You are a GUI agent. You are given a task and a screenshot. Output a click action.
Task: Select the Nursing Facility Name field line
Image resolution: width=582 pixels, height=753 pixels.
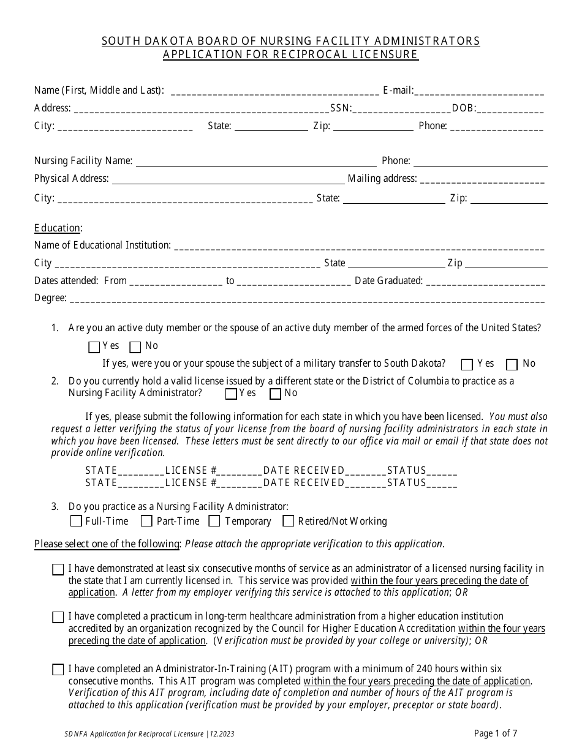pos(255,162)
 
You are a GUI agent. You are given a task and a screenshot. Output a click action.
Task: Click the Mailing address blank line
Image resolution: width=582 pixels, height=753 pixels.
pos(482,180)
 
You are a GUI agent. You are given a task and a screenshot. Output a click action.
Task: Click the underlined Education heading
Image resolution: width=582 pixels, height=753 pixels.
pos(57,228)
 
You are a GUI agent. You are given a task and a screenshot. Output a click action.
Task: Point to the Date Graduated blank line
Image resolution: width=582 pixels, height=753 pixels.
pos(485,282)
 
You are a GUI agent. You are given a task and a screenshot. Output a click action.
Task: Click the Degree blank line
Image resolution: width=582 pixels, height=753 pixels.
pos(306,299)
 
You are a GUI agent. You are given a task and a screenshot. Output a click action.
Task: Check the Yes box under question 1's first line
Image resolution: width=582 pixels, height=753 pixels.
pos(94,347)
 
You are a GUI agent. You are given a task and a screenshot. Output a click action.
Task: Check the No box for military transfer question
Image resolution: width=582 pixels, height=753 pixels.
pos(512,365)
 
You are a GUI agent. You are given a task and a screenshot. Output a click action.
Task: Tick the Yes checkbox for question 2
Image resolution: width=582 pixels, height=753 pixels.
pos(231,394)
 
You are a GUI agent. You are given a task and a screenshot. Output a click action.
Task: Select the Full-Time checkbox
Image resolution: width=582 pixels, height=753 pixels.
pos(76,522)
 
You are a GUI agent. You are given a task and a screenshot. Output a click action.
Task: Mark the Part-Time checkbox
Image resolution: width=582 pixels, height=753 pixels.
pos(146,522)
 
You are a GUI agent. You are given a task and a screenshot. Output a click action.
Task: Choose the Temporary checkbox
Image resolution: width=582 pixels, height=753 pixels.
pos(214,522)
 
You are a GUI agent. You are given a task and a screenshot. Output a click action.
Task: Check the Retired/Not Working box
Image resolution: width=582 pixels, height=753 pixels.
pos(288,522)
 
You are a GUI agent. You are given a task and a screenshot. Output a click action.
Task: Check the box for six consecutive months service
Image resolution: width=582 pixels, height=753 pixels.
pos(58,570)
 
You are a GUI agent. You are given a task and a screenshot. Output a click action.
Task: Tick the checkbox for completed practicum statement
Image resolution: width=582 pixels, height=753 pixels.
pos(58,618)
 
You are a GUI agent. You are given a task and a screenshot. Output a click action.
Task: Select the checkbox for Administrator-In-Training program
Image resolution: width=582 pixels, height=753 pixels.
pos(58,670)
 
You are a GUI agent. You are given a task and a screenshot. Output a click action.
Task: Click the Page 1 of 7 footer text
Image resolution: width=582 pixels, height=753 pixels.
pos(499,733)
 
